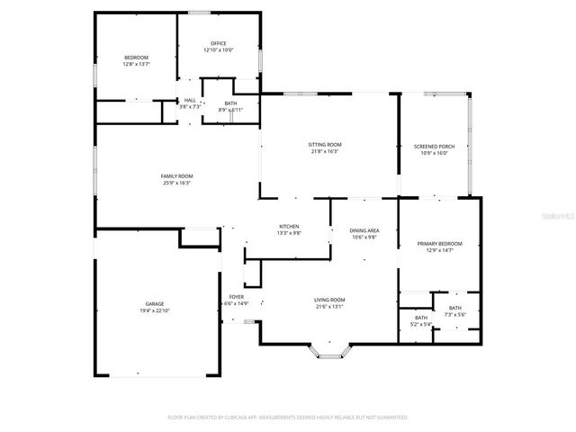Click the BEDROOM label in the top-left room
[136, 58]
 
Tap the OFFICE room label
[218, 43]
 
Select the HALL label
[190, 100]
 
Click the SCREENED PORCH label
[434, 146]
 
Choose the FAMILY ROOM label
[177, 175]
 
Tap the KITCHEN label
[289, 226]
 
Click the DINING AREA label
[364, 230]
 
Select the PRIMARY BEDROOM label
[439, 244]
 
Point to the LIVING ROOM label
[329, 300]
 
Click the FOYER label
[236, 296]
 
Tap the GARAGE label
[155, 304]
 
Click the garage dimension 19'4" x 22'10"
[155, 310]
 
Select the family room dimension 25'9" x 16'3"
[177, 183]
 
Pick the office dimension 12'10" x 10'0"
[218, 50]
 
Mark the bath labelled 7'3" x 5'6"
[455, 311]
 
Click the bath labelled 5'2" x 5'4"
[421, 320]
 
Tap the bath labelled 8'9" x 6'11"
[231, 107]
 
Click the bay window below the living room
[329, 350]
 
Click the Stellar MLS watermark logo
[557, 216]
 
